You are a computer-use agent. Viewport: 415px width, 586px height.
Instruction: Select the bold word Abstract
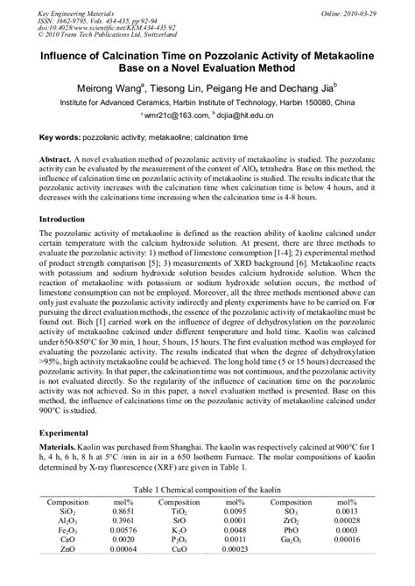point(60,163)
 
